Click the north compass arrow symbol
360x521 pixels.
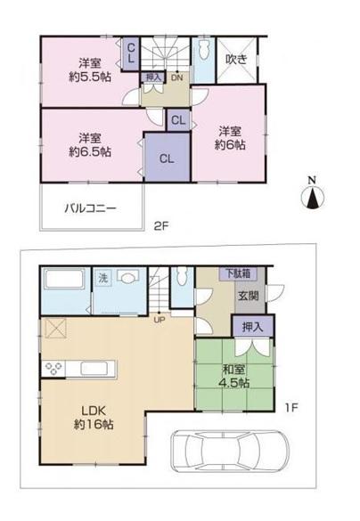tap(312, 195)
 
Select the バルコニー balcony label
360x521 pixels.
tap(90, 209)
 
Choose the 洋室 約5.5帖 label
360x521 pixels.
tap(86, 70)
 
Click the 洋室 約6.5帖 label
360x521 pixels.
tap(86, 144)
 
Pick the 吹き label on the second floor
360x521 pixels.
tap(236, 60)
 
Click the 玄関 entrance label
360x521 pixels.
tap(248, 297)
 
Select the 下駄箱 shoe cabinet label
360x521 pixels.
tap(236, 273)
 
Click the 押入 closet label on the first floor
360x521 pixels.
tap(252, 328)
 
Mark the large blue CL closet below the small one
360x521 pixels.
tap(167, 159)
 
